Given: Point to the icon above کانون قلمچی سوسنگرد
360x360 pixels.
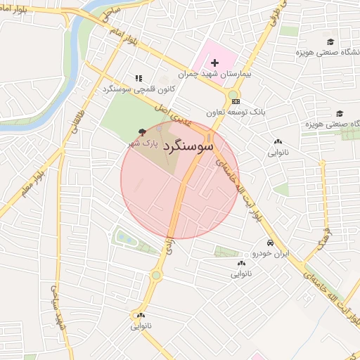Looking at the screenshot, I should click(x=139, y=79).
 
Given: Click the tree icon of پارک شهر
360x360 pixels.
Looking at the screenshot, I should click(x=143, y=131).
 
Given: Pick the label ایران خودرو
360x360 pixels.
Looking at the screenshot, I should click(x=271, y=252).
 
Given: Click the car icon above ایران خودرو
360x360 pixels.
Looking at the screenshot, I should click(x=271, y=242).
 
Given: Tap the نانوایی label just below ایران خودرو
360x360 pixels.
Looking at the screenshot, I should click(x=242, y=274).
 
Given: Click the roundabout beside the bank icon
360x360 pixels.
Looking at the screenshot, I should click(x=232, y=95).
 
